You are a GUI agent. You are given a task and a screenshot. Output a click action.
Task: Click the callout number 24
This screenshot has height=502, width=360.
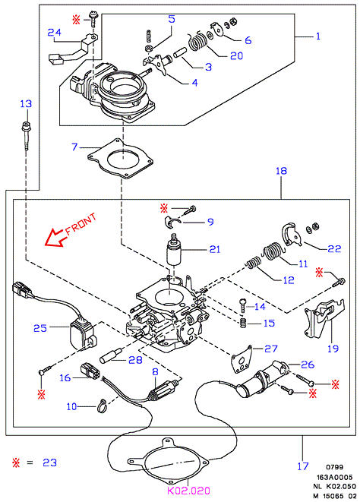54,33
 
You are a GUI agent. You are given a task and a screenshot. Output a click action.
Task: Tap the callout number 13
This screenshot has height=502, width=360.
26,104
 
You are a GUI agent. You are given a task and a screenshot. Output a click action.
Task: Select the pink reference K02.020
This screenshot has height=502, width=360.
188,491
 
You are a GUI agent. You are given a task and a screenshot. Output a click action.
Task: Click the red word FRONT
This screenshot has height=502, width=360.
81,225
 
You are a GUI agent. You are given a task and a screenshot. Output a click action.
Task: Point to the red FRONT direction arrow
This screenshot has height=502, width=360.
55,238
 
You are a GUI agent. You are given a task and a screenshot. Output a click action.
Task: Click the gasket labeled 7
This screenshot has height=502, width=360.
120,159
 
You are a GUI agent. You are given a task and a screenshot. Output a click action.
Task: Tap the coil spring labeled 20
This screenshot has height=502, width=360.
197,42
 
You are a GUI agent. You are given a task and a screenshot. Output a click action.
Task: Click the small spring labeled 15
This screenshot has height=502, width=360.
244,323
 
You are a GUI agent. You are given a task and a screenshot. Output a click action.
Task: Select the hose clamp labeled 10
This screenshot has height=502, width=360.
102,406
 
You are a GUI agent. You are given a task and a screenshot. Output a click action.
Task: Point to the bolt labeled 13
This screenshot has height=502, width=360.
26,135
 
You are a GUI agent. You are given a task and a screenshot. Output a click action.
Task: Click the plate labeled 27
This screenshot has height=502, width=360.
242,360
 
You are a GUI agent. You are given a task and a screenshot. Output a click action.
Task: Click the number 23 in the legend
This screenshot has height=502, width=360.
49,463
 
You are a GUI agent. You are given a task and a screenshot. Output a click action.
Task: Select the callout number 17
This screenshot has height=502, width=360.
303,466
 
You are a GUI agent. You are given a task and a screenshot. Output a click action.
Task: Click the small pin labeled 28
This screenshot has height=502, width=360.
109,355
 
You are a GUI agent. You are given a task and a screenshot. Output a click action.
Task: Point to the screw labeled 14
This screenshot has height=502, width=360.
243,305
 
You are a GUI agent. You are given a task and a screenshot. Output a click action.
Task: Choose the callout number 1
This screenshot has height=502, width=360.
317,36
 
